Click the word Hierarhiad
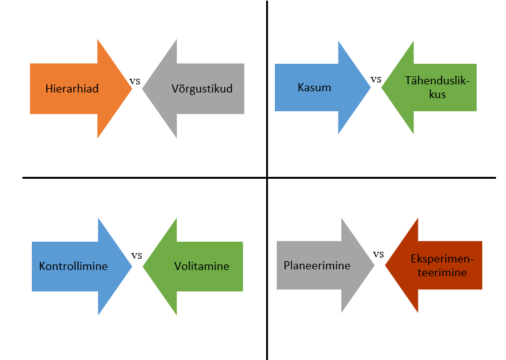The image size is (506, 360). [x=72, y=89]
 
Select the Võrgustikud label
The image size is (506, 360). [x=202, y=89]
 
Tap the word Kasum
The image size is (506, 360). [x=314, y=87]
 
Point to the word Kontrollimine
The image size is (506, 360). [x=73, y=266]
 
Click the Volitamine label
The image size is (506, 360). [x=202, y=266]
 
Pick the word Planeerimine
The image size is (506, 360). [x=317, y=266]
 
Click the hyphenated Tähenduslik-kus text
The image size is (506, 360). [x=437, y=87]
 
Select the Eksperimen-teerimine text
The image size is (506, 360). [x=442, y=266]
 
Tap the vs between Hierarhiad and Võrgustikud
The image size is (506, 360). [x=135, y=81]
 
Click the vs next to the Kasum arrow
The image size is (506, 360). [x=376, y=79]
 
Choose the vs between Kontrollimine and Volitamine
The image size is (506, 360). [x=137, y=256]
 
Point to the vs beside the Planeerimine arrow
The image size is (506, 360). [x=379, y=254]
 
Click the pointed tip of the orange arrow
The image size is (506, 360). [x=132, y=89]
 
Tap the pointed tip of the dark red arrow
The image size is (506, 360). [x=385, y=266]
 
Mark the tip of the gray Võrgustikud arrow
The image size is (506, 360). [x=142, y=89]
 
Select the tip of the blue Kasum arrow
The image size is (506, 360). [x=370, y=87]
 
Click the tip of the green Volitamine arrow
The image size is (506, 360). [x=143, y=266]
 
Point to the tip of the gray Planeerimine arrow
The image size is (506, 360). [x=374, y=265]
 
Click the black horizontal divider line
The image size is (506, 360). [x=259, y=177]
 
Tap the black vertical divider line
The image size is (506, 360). [x=267, y=180]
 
